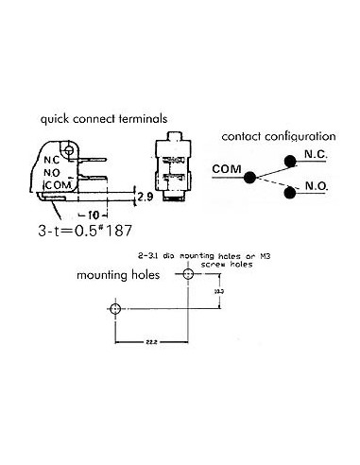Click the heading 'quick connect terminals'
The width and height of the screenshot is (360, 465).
coord(103,120)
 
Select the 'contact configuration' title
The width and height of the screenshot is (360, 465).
coord(278,138)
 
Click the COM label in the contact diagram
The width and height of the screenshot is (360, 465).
coord(226,169)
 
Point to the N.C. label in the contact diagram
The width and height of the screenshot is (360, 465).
coord(317,156)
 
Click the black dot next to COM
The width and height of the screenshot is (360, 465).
coord(250,177)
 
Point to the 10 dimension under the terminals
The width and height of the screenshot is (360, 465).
coord(111,214)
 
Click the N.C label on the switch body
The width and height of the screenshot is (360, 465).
coord(54,160)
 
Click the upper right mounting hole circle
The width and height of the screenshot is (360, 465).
coord(188,274)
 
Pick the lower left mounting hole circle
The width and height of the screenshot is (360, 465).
coord(115,309)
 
